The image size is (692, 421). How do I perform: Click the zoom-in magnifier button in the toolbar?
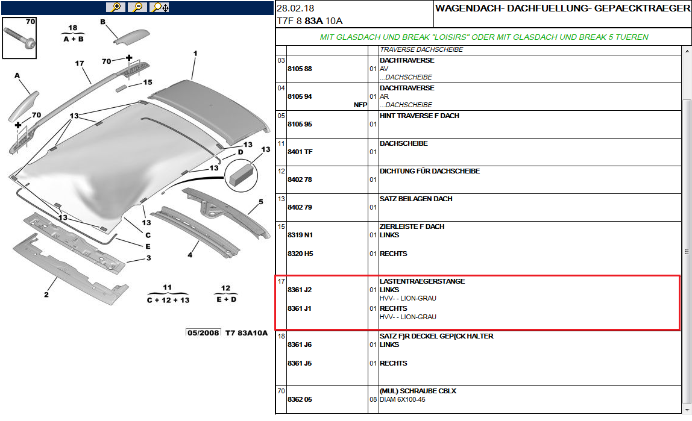115,7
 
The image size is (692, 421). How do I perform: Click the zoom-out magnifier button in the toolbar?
137,7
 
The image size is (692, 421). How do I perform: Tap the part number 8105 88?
300,69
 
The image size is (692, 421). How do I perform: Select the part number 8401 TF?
300,152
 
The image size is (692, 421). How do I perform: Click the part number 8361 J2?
300,290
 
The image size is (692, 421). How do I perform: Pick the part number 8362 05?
300,399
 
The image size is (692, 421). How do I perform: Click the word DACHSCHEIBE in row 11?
403,143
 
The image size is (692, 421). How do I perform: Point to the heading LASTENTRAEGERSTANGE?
422,281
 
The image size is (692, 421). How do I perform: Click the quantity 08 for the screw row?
373,399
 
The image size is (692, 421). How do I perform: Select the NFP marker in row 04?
360,105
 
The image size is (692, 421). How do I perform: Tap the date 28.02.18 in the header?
296,8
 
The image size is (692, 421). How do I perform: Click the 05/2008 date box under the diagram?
203,333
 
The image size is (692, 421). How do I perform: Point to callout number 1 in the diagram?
195,54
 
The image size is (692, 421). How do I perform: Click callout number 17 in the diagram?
79,63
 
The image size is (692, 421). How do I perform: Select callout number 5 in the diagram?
261,202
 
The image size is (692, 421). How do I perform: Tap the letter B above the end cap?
102,22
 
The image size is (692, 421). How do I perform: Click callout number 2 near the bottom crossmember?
46,295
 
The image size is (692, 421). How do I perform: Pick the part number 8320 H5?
300,254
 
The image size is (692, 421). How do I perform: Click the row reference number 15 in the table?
281,226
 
